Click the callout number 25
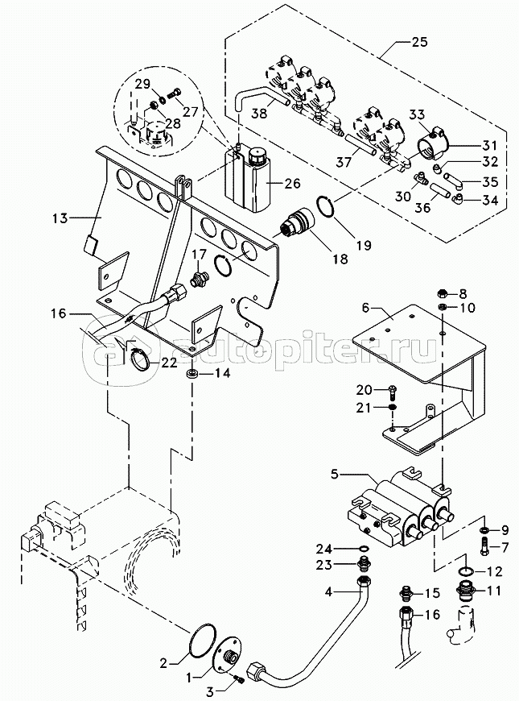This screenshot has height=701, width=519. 419,42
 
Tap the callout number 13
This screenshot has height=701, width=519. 59,218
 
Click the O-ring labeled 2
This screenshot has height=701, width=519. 201,642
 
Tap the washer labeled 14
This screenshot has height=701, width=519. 193,373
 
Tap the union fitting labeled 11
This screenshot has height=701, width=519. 467,593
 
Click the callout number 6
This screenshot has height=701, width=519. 366,308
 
